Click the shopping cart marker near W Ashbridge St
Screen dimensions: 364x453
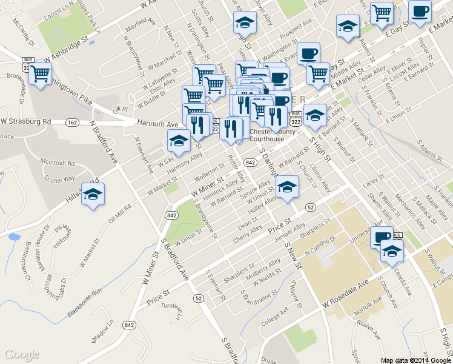point(41,74)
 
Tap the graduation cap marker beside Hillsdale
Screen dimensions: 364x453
point(93,194)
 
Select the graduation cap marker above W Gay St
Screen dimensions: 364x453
point(178,141)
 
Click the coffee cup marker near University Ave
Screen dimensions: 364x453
point(382,237)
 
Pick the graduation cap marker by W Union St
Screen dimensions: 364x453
point(287,187)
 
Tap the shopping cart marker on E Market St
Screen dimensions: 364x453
point(318,73)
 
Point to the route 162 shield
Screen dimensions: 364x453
point(73,123)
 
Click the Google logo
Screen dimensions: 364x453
point(22,354)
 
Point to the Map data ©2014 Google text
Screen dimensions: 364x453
point(415,360)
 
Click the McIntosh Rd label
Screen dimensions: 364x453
point(58,163)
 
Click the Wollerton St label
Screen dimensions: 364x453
point(210,172)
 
